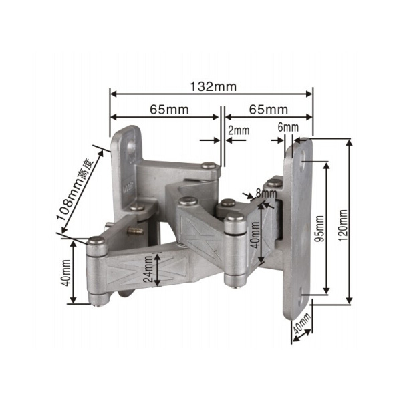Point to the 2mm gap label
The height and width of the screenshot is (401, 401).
pyautogui.click(x=238, y=130)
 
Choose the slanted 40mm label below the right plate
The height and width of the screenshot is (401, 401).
pyautogui.click(x=301, y=327)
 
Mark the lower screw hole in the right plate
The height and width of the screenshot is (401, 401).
pyautogui.click(x=305, y=293)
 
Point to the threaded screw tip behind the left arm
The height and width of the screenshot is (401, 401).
pyautogui.click(x=136, y=231)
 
